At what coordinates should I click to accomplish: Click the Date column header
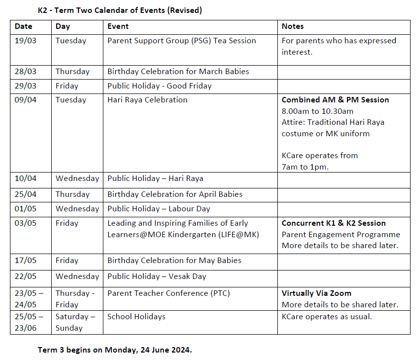point(23,26)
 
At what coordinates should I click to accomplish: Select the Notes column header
point(293,26)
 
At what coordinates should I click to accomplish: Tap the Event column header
point(118,26)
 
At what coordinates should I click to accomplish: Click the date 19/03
point(25,41)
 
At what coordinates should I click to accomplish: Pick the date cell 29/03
point(25,86)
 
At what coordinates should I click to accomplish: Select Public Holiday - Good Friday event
point(160,86)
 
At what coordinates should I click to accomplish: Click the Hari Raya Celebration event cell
point(148,100)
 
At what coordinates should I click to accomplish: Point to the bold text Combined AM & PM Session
point(335,100)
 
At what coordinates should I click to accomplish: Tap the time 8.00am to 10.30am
point(318,111)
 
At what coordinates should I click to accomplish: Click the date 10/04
point(25,179)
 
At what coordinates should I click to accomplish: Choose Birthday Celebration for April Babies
point(175,194)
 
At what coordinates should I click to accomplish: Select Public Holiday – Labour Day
point(159,209)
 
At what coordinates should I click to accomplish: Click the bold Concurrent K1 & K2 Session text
point(334,223)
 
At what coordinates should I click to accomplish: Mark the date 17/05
point(25,261)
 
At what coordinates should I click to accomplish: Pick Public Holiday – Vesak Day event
point(157,276)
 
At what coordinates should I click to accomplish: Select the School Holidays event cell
point(137,317)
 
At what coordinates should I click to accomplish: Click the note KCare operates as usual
point(327,317)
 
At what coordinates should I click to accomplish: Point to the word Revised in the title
point(184,10)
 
